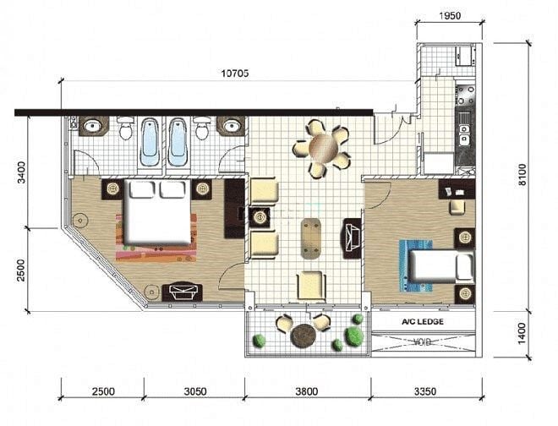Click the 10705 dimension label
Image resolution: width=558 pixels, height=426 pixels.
point(235,74)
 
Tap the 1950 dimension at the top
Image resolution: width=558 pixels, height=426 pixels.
point(450,16)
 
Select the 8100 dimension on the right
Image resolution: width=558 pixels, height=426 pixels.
point(522,174)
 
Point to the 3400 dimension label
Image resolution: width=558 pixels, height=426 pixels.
point(21,172)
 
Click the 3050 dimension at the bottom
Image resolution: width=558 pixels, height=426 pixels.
point(195,391)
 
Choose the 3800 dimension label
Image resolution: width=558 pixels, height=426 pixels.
point(306,391)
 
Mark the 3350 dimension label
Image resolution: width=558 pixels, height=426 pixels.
point(425,391)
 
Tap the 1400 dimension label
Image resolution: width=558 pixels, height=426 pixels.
point(522,334)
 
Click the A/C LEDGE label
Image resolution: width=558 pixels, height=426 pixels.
point(423,322)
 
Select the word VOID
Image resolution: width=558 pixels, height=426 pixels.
point(423,342)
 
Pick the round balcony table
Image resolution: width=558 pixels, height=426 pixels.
point(304,336)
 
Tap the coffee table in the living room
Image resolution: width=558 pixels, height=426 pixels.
point(310,238)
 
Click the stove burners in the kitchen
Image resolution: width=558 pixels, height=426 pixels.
point(466,96)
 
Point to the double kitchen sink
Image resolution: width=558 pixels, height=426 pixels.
point(465,134)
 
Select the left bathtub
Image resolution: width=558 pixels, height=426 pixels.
point(150,142)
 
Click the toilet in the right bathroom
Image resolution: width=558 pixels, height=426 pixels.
point(202,128)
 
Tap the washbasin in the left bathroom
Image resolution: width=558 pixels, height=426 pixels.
point(94,126)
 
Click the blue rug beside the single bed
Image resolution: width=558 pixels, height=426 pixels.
point(416,266)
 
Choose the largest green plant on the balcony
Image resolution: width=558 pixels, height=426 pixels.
point(353,336)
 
